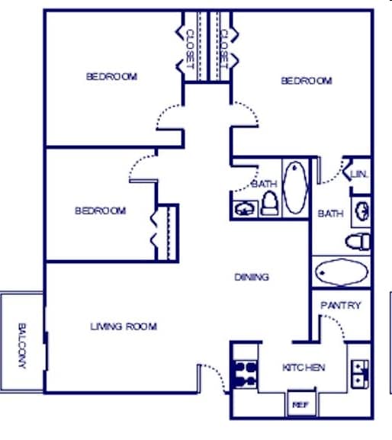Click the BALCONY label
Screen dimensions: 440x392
(x=21, y=345)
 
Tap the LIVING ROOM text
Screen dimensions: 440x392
(x=124, y=326)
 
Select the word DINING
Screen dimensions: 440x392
(x=252, y=277)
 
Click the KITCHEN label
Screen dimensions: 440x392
(x=304, y=368)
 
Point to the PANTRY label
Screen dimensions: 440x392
(x=340, y=306)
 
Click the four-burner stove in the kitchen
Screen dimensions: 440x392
(x=245, y=373)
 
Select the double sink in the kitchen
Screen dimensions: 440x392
(x=359, y=372)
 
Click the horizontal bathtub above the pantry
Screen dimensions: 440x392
(x=341, y=271)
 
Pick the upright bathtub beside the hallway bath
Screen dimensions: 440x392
(x=294, y=187)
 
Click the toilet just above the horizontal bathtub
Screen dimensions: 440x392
(x=358, y=242)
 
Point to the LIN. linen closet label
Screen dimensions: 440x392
(x=359, y=175)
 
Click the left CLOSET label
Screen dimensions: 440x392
(x=190, y=48)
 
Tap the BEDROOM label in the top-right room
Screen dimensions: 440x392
(x=307, y=81)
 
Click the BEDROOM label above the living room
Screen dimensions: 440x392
(x=100, y=210)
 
